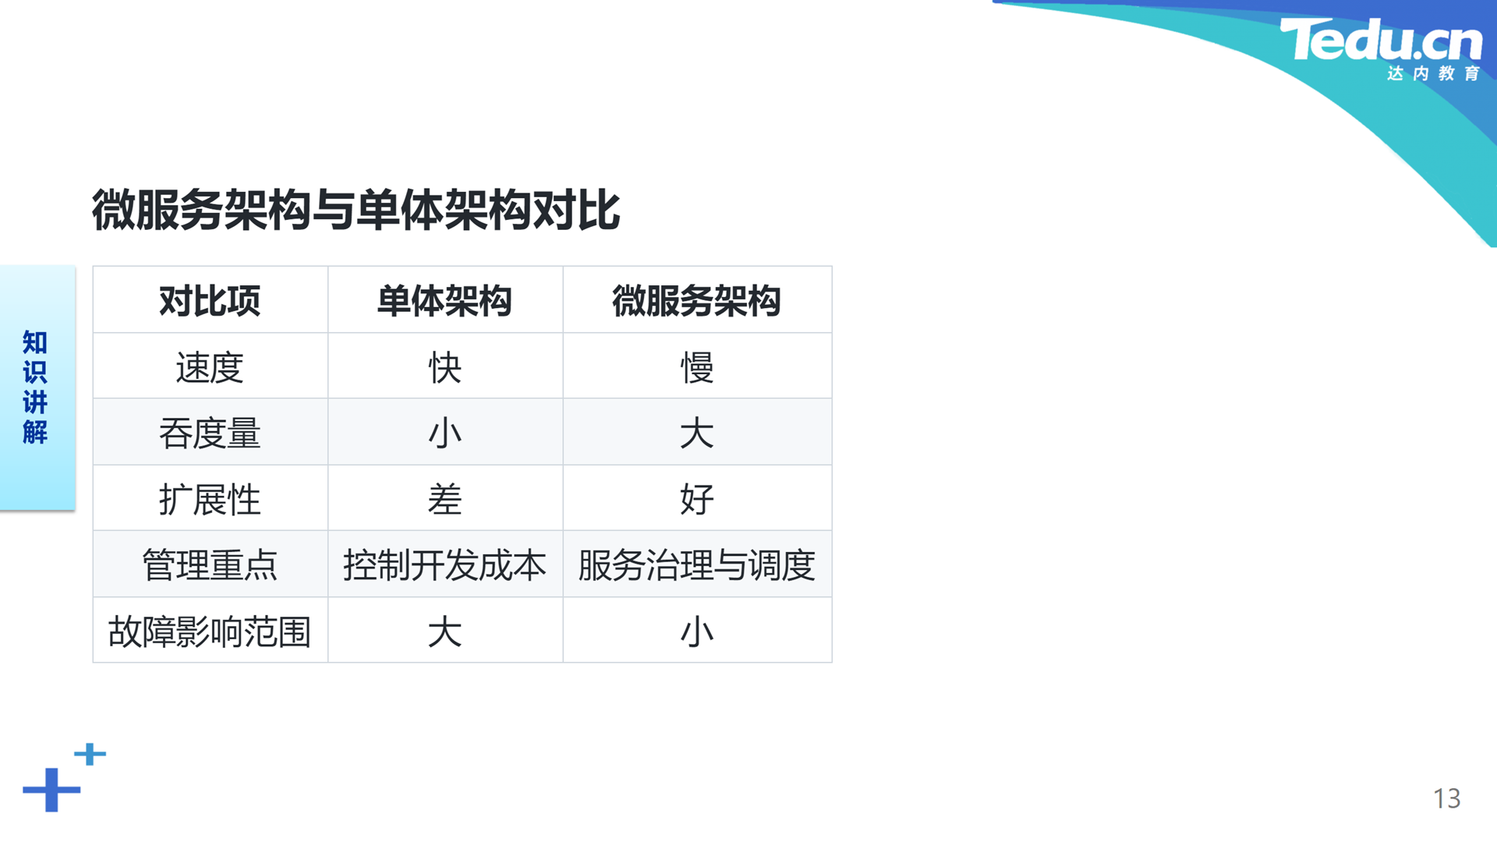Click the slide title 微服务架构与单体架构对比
pos(356,210)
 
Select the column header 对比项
pos(210,301)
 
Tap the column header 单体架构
pos(444,301)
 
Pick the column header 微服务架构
pos(696,301)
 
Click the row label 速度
pos(210,367)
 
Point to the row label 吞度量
pos(210,433)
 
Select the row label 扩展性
pos(210,499)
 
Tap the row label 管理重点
pos(210,565)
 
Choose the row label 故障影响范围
pos(210,631)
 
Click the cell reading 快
pos(444,367)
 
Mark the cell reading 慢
pos(696,367)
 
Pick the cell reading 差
pos(444,499)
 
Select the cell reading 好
pos(696,499)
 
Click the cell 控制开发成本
pos(444,565)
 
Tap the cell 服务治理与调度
pos(696,565)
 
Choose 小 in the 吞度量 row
pos(444,433)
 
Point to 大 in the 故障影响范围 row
pos(444,631)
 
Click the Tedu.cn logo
pos(1381,48)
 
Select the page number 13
pos(1447,798)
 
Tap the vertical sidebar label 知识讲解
pos(35,387)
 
